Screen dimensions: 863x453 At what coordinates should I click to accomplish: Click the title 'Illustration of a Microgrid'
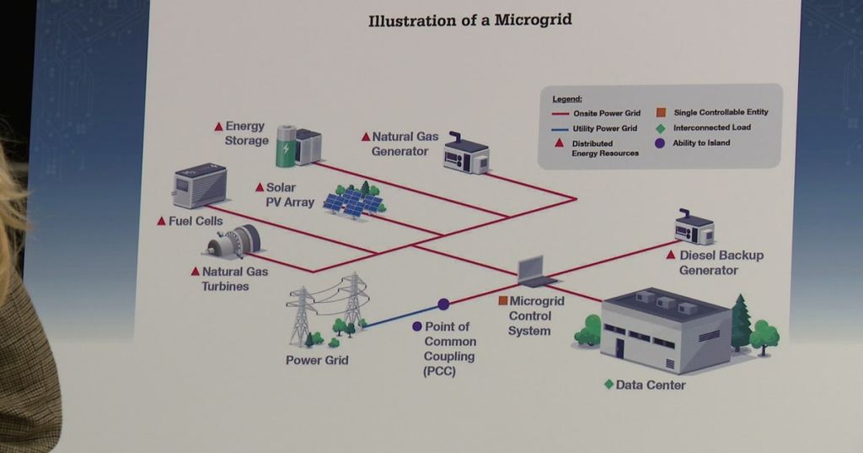point(470,20)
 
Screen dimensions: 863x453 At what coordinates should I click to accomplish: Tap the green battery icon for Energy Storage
point(287,146)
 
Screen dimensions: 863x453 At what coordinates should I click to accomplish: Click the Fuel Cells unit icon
point(200,186)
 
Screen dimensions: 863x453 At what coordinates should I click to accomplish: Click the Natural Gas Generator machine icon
point(465,154)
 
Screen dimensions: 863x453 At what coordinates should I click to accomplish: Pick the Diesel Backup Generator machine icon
point(694,227)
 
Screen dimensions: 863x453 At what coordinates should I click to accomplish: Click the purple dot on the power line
point(443,305)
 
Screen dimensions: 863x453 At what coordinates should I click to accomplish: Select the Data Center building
point(667,330)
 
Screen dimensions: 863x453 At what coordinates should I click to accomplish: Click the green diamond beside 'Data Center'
point(608,384)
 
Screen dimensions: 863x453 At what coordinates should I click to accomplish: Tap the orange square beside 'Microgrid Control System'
point(502,301)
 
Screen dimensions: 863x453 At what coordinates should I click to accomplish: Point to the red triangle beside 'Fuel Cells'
point(161,221)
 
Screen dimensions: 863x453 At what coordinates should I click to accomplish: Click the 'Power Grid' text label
point(317,360)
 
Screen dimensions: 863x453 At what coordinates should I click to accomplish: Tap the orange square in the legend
point(661,112)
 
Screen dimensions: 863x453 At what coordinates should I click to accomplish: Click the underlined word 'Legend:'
point(567,100)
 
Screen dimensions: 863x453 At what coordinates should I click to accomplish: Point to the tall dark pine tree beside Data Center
point(741,323)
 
